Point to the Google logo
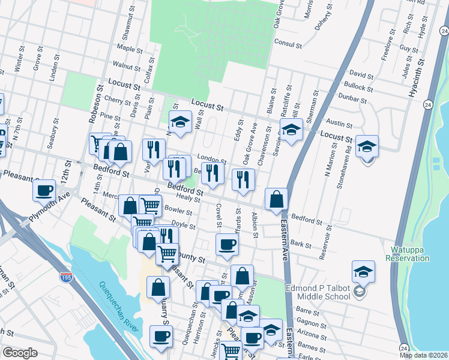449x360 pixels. [x=20, y=353]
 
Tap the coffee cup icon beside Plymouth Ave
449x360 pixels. [x=43, y=191]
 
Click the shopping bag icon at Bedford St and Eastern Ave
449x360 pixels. [x=276, y=200]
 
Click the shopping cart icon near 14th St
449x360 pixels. [x=99, y=144]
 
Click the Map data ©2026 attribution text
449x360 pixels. [x=423, y=355]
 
